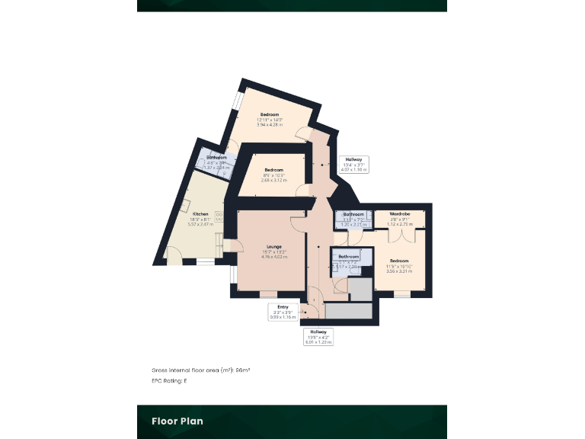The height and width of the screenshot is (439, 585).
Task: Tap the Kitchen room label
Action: [x=200, y=214]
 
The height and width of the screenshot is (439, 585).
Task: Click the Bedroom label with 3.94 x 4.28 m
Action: [x=270, y=114]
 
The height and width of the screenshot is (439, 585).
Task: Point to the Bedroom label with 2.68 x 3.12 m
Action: [x=273, y=169]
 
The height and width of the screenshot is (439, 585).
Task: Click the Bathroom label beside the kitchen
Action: [x=216, y=158]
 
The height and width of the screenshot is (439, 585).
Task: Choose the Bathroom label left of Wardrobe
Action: [x=353, y=214]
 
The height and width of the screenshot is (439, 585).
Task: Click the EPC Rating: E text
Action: [x=168, y=380]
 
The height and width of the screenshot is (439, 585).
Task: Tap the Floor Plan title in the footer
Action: [x=177, y=421]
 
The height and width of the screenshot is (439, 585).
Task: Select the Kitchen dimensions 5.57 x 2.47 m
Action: [x=200, y=224]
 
